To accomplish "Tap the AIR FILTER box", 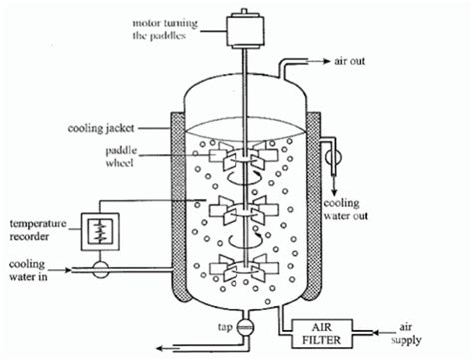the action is tap(322, 333).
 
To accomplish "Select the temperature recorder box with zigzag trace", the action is tap(100, 231).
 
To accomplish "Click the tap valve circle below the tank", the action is tap(245, 327).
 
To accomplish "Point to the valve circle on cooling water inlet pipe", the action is tap(100, 269).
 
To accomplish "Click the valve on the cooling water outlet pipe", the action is tap(334, 157).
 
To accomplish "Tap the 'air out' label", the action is tap(349, 61).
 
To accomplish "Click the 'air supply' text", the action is tap(406, 333).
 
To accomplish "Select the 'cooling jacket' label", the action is tap(101, 128).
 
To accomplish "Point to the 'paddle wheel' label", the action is tap(121, 156).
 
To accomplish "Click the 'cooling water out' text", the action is tap(346, 209).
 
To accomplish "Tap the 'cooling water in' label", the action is tap(28, 270).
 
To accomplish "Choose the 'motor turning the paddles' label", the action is tap(165, 29).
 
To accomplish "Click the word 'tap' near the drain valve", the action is tap(225, 327).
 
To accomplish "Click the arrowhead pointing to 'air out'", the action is tap(327, 61).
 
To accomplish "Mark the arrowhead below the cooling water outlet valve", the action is tap(334, 192).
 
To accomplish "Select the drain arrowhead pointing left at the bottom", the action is tap(161, 348).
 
